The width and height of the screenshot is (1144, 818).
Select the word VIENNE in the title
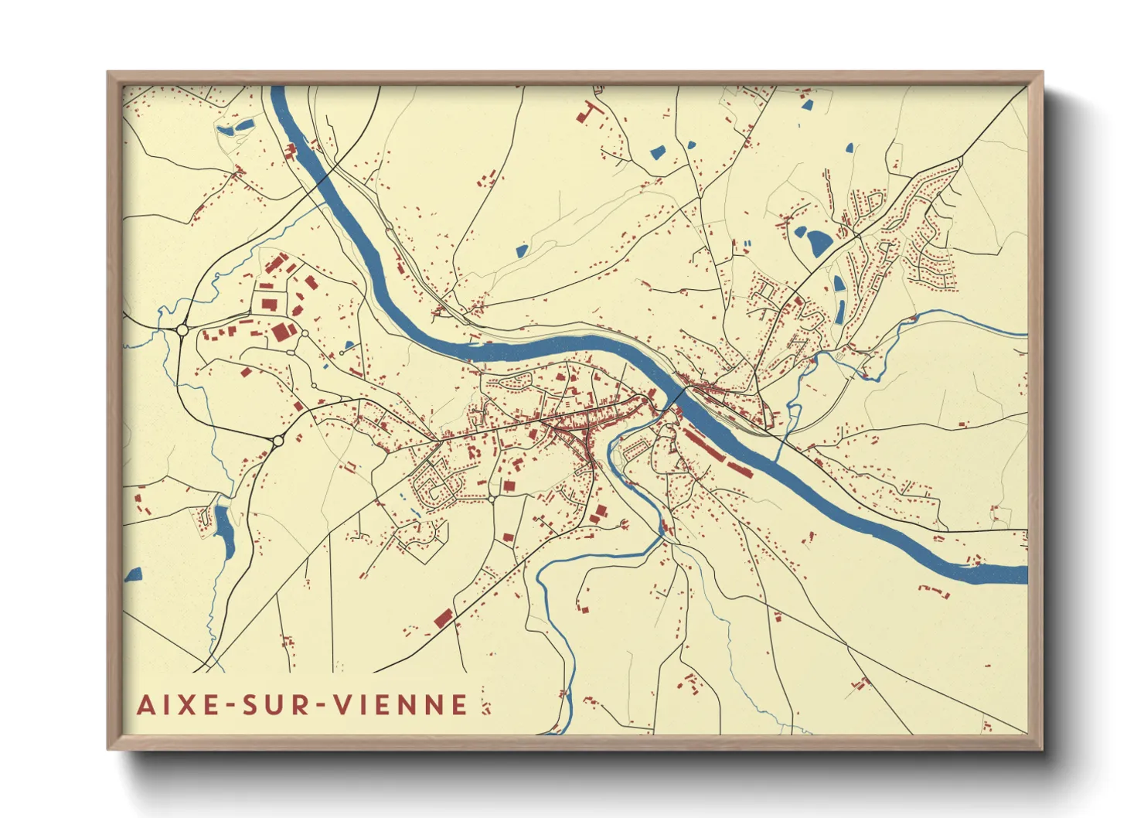(x=401, y=704)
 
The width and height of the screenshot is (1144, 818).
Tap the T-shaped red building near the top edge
(x=589, y=111)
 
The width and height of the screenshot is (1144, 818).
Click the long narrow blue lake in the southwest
(x=225, y=532)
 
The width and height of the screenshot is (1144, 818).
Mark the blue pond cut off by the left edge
(x=134, y=574)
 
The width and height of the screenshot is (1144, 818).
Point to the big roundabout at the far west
(x=182, y=330)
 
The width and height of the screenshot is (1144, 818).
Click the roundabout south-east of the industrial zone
(x=277, y=441)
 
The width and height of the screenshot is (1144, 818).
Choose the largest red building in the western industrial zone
(x=283, y=332)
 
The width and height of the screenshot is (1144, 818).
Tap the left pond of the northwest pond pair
(x=226, y=131)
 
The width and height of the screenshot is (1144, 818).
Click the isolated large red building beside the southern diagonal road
(x=443, y=617)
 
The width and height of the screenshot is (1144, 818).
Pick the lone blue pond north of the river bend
(x=522, y=251)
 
